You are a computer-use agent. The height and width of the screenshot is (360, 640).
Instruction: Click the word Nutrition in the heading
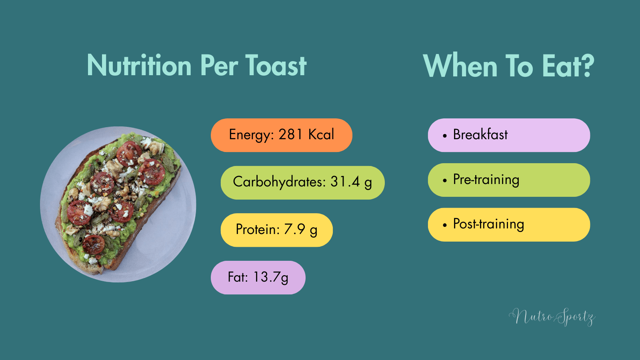click(x=139, y=66)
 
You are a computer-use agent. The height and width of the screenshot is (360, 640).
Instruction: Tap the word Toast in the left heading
click(x=276, y=66)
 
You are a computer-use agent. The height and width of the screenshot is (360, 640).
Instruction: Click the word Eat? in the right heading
click(x=568, y=66)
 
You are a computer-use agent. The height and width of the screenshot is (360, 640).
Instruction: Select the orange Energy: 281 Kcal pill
click(x=281, y=135)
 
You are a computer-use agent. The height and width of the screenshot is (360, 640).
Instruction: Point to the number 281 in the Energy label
click(x=291, y=134)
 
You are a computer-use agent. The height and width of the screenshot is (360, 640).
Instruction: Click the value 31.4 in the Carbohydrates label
click(x=345, y=182)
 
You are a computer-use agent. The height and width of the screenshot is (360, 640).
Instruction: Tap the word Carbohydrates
click(x=279, y=182)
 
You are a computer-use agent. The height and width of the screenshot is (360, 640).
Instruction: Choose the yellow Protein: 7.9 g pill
click(x=276, y=230)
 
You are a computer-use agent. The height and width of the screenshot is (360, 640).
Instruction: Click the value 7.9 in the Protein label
click(x=295, y=229)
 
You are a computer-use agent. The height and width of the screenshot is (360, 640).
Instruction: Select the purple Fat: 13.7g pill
click(x=258, y=278)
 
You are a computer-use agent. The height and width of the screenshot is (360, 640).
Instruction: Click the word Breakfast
click(x=480, y=135)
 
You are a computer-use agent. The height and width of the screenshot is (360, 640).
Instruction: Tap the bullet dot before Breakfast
click(x=444, y=136)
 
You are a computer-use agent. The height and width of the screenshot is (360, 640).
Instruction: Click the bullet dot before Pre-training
click(x=444, y=181)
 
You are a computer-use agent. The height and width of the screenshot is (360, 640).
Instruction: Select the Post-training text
click(x=488, y=224)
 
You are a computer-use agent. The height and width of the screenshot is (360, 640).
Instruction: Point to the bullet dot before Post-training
click(x=444, y=225)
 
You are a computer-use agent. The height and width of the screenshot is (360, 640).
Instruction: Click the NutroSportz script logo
click(x=552, y=317)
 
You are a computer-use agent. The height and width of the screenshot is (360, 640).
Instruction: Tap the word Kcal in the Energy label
click(x=321, y=134)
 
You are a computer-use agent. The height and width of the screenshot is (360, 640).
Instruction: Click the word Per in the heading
click(x=219, y=66)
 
